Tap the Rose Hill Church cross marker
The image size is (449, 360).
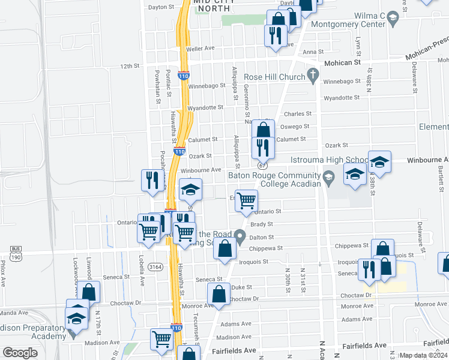coord(312,75)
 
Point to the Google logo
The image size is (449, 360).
coord(20,353)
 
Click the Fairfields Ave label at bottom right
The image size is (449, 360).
coord(364,346)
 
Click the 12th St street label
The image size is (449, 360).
coord(130,66)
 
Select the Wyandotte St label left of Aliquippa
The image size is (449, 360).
coord(205,108)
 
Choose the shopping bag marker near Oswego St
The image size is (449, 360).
coord(263,130)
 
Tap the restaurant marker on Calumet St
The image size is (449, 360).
coord(263,146)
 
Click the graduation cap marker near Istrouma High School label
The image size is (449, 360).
coord(379,161)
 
